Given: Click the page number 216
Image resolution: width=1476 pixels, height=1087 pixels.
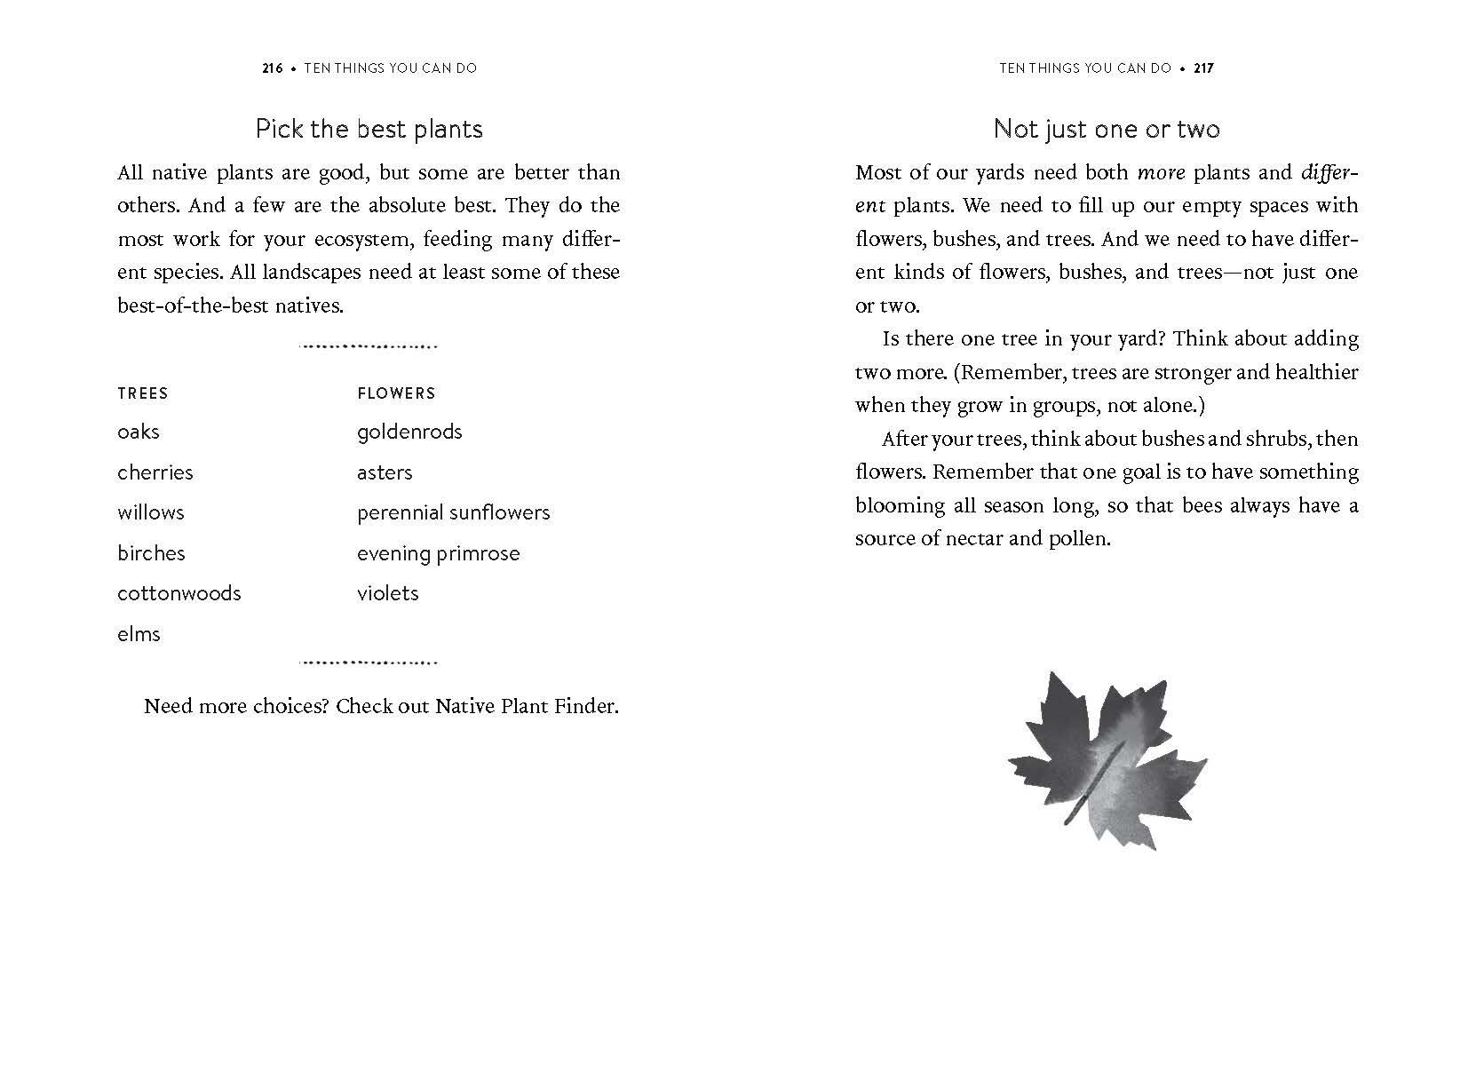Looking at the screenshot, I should (272, 67).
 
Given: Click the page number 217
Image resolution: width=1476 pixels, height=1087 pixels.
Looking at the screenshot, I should (1203, 67).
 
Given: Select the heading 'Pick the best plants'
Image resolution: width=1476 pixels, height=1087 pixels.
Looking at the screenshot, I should (369, 130).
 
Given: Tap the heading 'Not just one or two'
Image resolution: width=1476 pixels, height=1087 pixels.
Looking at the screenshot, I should (1107, 130).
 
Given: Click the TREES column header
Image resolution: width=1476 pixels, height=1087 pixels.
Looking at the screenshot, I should (142, 393).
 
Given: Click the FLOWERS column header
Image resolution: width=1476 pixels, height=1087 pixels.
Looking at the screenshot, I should (396, 393).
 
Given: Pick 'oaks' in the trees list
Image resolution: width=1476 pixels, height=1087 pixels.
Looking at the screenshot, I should (139, 432).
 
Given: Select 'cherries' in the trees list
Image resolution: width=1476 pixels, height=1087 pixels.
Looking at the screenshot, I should (155, 472).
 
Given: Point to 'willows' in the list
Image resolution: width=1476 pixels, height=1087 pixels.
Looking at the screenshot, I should (151, 512).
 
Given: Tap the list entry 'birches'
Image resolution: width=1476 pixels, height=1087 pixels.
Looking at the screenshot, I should (151, 553).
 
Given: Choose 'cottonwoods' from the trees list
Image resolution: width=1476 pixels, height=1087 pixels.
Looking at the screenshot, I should (179, 593).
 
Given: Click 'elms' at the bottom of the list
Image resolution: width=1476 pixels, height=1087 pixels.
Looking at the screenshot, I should (139, 634).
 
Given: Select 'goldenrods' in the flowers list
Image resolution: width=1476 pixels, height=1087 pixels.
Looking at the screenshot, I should (409, 432).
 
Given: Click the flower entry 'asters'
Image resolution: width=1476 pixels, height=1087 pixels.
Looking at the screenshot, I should (385, 472).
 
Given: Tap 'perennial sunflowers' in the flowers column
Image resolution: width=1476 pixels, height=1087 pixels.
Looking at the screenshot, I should (453, 512).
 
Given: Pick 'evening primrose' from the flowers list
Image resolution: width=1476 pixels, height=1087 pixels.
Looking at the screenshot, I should (438, 553).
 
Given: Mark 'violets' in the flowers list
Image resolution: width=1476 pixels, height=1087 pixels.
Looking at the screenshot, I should (387, 593).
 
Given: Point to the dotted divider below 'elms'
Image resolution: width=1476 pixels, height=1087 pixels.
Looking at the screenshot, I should (369, 662).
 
